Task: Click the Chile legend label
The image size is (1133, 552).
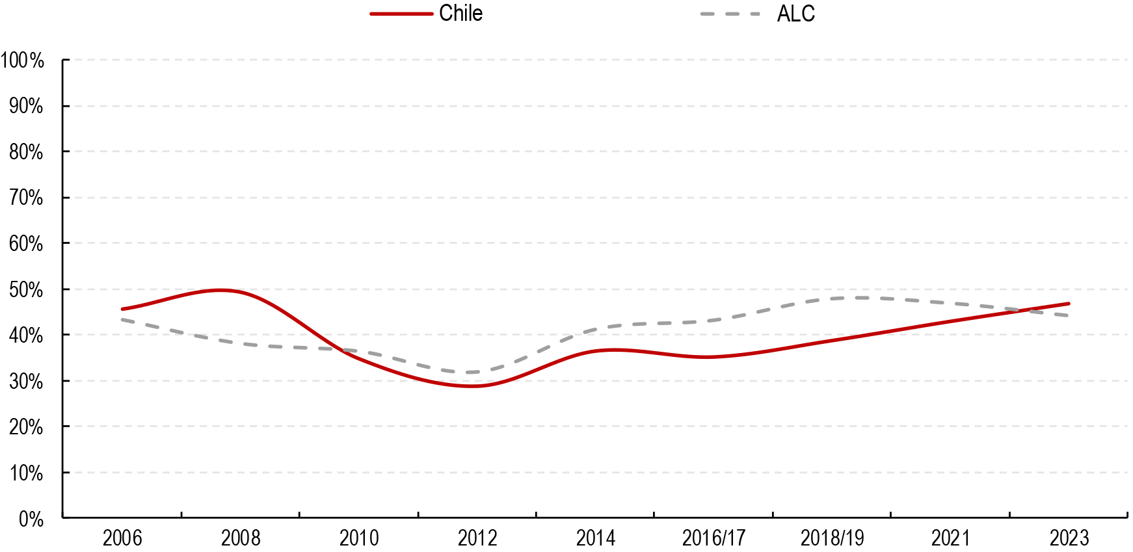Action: coord(460,14)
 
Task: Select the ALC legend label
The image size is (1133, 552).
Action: coord(795,14)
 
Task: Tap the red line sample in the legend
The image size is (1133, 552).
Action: coord(401,14)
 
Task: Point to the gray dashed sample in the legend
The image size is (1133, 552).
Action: coord(730,14)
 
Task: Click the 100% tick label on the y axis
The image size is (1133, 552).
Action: coord(22,60)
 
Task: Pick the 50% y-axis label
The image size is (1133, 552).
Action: coord(26,290)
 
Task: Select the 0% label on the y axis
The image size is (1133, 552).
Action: coord(31,519)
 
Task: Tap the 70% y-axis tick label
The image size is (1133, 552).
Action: coord(26,198)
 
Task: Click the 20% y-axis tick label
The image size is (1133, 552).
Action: coord(26,427)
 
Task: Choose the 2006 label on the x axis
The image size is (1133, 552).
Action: coord(122,538)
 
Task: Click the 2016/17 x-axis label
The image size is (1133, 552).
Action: coord(713,538)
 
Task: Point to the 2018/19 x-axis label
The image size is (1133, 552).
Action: coord(832,538)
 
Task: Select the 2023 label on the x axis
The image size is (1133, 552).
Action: coord(1069,538)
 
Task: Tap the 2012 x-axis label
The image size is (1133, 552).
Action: coord(477,538)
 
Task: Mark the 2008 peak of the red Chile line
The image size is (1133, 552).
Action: coord(221,290)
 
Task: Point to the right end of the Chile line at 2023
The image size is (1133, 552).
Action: coord(1069,304)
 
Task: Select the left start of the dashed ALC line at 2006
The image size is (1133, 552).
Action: coord(122,319)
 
